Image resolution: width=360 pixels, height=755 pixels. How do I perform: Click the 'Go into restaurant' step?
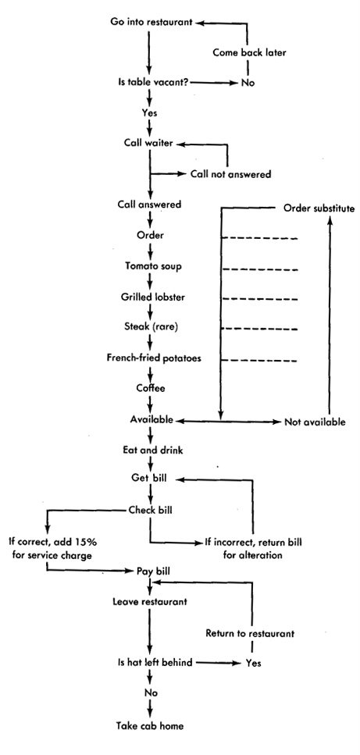(x=151, y=22)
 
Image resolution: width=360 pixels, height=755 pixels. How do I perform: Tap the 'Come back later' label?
(x=249, y=52)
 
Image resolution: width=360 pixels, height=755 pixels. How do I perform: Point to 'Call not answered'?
(x=230, y=174)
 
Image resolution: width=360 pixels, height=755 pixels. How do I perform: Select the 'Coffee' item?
(x=151, y=388)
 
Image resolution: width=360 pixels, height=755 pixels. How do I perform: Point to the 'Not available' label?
(x=315, y=422)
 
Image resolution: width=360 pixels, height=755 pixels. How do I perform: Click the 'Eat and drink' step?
(x=152, y=451)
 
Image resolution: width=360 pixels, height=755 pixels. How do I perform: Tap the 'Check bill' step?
(x=151, y=510)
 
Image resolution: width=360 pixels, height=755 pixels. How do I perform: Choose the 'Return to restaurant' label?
(x=250, y=633)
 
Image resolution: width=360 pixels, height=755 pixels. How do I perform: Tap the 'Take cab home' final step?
(x=150, y=725)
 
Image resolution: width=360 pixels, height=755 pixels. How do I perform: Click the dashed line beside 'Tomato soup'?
(x=261, y=269)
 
